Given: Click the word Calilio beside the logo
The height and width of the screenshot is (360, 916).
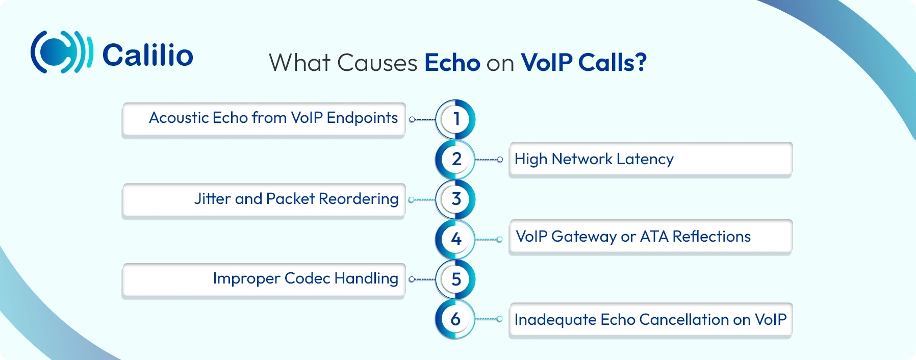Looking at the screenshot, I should point(148,55).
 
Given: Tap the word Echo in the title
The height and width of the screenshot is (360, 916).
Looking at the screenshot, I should point(452,63).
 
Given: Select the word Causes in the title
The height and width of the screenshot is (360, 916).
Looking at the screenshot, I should point(377,63).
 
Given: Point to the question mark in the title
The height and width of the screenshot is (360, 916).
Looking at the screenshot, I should point(641,63).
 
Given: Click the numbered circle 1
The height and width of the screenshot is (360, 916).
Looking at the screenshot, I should point(456,119).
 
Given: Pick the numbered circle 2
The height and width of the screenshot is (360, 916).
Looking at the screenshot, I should point(456,160).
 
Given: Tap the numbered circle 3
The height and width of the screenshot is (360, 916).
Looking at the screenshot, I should point(456,199).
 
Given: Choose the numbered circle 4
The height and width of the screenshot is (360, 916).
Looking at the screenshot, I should point(456,239).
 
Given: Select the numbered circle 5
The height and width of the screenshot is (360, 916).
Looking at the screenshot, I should point(456,279).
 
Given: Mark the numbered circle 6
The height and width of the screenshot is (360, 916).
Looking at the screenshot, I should point(456,319).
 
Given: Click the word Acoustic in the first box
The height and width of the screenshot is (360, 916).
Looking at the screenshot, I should point(179,118).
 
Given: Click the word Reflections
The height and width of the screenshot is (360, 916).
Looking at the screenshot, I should point(711,237).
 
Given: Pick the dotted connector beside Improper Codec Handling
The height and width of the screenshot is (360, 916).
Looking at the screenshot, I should point(422,279).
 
